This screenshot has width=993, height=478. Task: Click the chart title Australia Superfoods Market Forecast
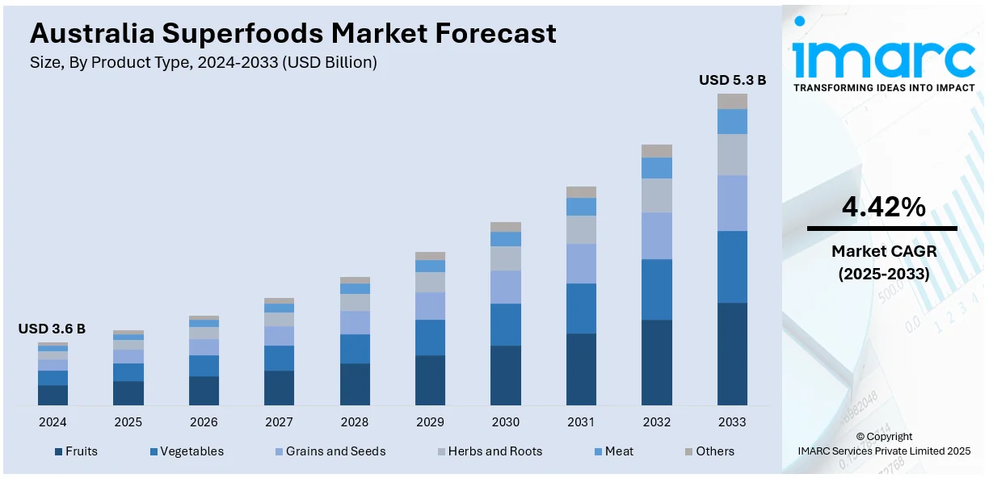tap(292, 33)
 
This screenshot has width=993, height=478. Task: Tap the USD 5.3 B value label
tap(732, 80)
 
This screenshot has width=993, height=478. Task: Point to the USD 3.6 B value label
tap(52, 329)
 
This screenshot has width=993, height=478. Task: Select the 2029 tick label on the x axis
tap(430, 421)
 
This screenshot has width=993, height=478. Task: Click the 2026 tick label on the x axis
tap(204, 421)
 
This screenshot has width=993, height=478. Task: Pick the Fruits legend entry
tap(76, 451)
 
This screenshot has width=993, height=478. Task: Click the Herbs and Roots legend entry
tap(489, 451)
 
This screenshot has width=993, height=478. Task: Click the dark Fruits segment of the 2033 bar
tap(732, 354)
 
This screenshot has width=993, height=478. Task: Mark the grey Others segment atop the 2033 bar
tap(732, 101)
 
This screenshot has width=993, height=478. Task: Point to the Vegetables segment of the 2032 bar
tap(657, 289)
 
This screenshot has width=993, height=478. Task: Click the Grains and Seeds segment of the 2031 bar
tap(581, 263)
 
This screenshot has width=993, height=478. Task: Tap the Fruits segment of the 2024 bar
tap(53, 395)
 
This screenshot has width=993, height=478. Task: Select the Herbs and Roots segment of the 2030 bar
tap(506, 258)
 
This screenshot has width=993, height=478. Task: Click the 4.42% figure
tap(883, 208)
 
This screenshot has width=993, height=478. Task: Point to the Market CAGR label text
tap(883, 251)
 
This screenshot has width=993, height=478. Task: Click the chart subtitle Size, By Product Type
tap(203, 62)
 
